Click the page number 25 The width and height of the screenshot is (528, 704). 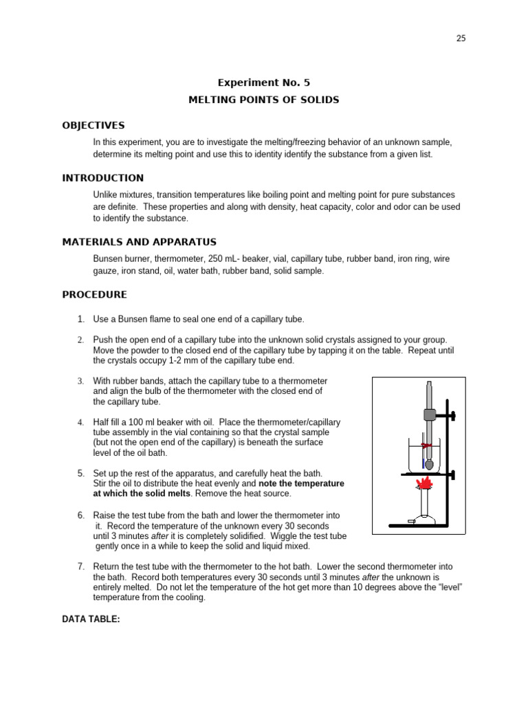click(461, 38)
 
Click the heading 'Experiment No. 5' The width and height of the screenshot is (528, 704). click(263, 82)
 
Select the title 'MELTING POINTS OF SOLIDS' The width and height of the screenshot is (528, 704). click(263, 100)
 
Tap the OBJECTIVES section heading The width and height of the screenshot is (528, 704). click(93, 125)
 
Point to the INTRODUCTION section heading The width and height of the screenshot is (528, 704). click(103, 178)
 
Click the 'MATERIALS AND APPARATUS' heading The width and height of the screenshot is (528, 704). click(139, 242)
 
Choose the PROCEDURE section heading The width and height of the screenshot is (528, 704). click(94, 294)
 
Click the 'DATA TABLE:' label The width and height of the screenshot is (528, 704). click(91, 619)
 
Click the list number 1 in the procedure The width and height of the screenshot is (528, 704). click(80, 319)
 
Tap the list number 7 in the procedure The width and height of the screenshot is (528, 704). click(80, 566)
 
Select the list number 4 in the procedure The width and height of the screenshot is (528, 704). click(80, 421)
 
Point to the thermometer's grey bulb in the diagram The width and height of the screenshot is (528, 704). click(430, 464)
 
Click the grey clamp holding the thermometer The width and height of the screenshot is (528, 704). click(430, 415)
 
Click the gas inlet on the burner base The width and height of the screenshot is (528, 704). click(411, 522)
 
